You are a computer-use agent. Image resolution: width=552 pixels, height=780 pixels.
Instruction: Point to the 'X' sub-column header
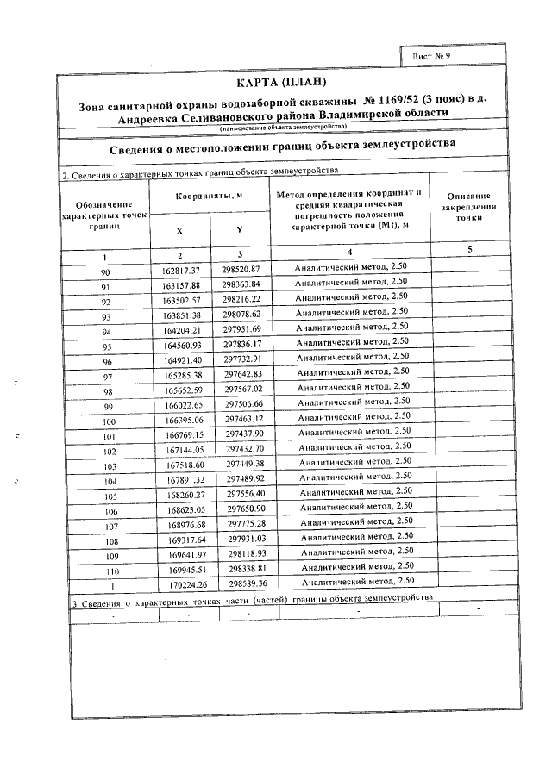click(x=179, y=231)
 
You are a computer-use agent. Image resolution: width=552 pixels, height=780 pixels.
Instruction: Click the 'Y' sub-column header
click(x=239, y=230)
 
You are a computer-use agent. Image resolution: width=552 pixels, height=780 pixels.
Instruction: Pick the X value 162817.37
click(x=181, y=271)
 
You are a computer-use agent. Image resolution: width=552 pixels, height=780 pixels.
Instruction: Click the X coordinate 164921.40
click(x=182, y=359)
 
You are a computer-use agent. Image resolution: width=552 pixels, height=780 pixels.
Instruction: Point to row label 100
click(x=108, y=421)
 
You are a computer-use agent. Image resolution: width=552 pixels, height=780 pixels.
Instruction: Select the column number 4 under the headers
click(x=350, y=251)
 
